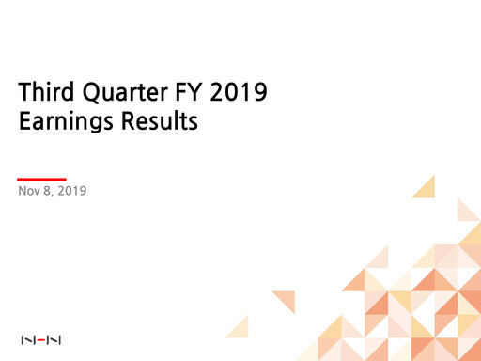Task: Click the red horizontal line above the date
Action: click(x=42, y=178)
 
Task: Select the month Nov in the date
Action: click(x=29, y=193)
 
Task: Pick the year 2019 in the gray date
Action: click(x=71, y=193)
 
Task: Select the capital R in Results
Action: click(x=134, y=122)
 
